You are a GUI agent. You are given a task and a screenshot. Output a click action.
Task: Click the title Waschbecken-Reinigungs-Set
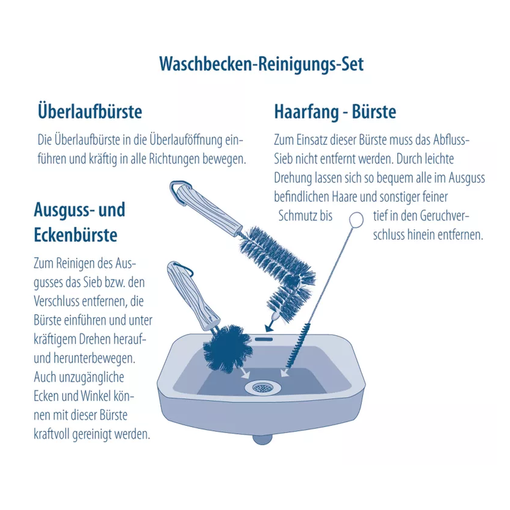pos(261,64)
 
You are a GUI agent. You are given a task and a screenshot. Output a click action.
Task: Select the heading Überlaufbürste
pos(90,111)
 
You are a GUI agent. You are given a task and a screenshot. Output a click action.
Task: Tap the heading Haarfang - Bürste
pos(335,112)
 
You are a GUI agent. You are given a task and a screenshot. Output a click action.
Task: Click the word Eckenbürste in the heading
pos(76,235)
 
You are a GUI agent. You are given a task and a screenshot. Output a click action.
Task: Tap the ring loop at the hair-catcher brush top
pos(356,219)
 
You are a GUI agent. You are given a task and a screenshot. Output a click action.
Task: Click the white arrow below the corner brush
pos(245,374)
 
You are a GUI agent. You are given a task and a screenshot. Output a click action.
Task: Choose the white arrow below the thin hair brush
pos(285,372)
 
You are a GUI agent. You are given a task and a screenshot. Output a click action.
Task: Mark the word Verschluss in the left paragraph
pos(57,301)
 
